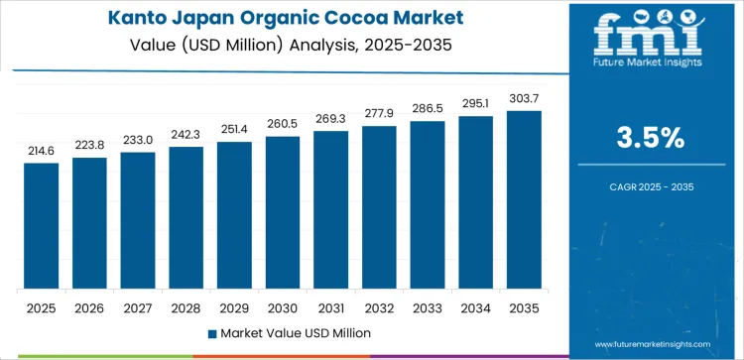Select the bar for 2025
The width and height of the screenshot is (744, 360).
[x=42, y=226]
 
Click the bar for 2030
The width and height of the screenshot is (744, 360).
[x=283, y=212]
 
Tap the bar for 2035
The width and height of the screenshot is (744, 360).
[x=525, y=199]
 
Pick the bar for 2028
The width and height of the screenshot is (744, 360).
[x=186, y=218]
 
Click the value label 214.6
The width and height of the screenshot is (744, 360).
[x=42, y=149]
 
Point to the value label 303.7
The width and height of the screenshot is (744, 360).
[x=525, y=97]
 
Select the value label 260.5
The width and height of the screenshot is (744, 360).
[x=283, y=123]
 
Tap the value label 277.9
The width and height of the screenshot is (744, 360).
[x=380, y=112]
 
